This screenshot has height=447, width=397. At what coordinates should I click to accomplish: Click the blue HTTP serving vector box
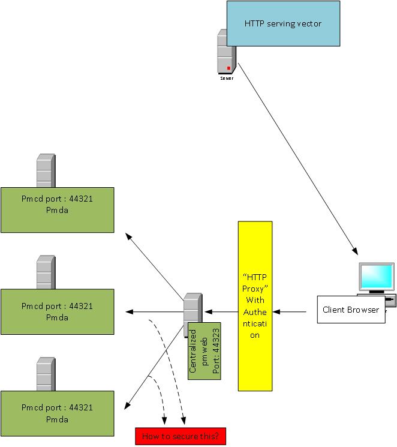[282, 24]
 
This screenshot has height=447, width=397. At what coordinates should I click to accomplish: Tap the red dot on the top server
[228, 68]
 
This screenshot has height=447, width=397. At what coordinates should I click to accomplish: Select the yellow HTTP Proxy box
[255, 305]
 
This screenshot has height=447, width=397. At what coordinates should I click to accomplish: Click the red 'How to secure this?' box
[181, 436]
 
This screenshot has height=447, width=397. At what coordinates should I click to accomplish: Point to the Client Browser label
[351, 310]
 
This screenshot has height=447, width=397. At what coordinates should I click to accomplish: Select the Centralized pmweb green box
[204, 351]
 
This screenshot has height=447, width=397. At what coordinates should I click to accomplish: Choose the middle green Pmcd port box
[57, 311]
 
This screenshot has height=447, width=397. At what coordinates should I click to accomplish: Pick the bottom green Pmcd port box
[57, 412]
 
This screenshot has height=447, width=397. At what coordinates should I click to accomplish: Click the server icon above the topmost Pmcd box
[46, 171]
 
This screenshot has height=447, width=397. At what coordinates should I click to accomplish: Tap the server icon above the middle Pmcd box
[46, 272]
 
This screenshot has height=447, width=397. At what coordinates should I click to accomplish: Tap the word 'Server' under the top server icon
[227, 78]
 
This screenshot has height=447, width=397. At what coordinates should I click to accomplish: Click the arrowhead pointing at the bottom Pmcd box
[127, 406]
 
